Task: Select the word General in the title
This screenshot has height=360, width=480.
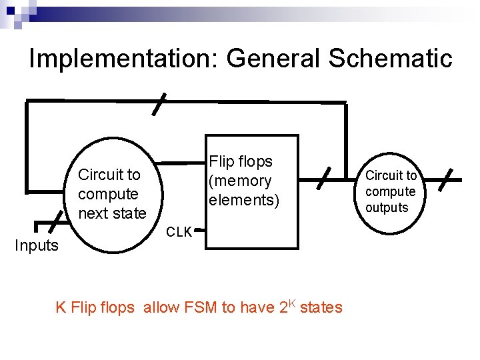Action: point(273,59)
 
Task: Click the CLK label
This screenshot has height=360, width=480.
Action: point(179,233)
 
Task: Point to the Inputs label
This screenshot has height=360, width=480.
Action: point(37,245)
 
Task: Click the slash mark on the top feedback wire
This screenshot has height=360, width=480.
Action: point(159,105)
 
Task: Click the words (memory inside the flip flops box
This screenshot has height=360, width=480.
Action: point(240,181)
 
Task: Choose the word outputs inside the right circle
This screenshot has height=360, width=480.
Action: point(387,207)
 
